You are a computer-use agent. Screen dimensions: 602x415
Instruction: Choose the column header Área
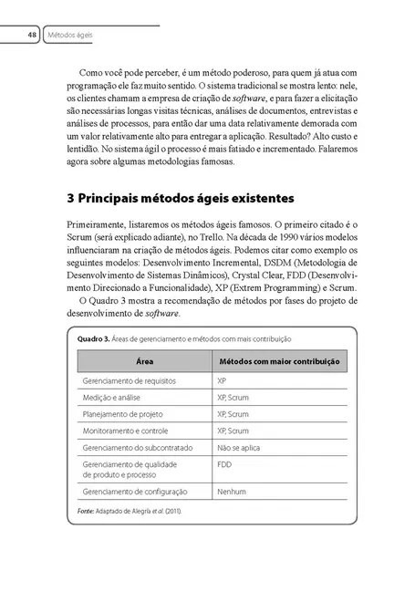click(144, 361)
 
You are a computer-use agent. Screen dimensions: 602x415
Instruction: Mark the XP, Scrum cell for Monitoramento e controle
click(233, 430)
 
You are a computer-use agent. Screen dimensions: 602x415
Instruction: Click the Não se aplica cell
click(239, 447)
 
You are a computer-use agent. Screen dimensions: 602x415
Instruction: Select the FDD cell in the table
click(225, 463)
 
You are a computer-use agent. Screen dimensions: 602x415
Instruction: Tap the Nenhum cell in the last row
click(232, 492)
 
